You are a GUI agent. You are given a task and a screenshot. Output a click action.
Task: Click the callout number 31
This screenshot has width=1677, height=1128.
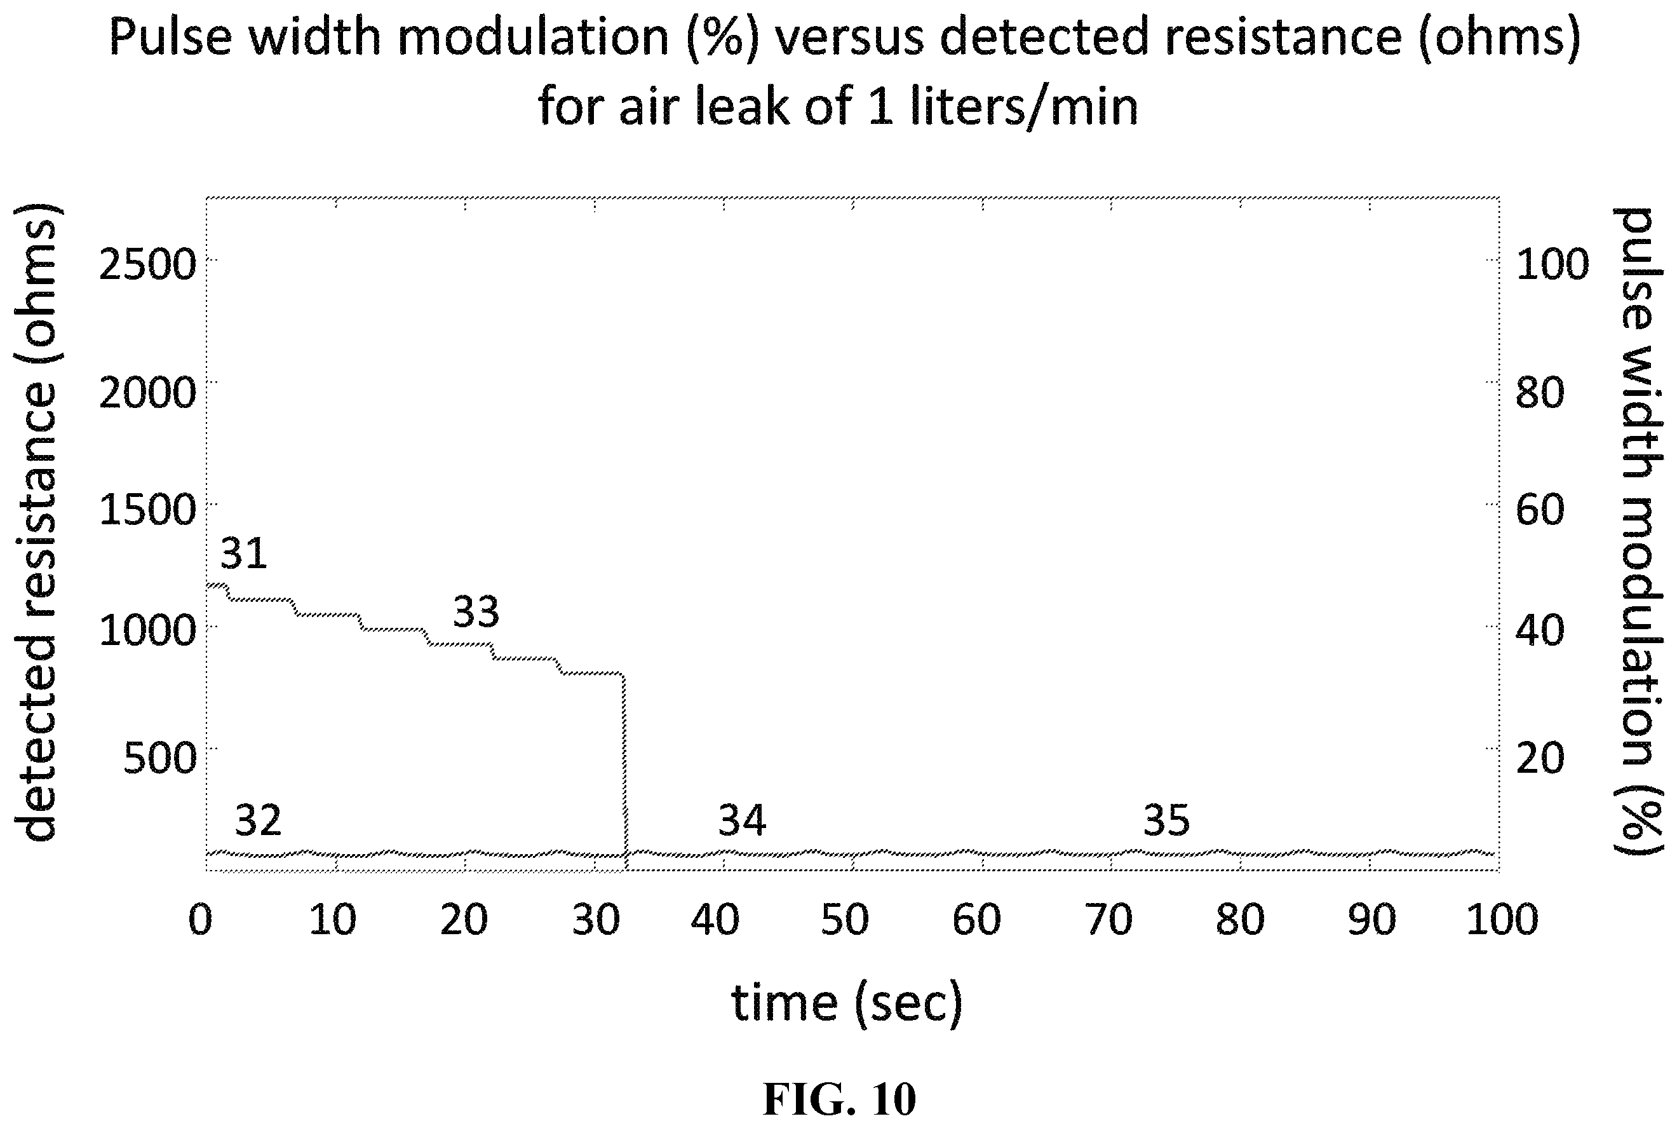click(244, 554)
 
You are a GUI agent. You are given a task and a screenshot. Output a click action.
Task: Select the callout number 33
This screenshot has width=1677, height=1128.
click(475, 612)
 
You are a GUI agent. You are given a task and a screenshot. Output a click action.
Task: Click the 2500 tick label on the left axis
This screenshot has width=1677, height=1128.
click(147, 265)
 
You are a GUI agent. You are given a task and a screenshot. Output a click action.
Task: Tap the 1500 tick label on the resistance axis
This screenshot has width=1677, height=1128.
click(147, 510)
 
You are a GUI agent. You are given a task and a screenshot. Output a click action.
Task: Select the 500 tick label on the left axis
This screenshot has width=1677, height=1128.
click(159, 758)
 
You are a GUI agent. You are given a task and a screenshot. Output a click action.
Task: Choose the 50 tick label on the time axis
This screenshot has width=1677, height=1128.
click(845, 920)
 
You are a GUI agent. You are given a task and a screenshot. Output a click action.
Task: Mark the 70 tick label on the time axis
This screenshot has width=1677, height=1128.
click(1109, 920)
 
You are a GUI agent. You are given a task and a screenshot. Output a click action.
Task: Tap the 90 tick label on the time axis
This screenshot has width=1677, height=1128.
click(1372, 920)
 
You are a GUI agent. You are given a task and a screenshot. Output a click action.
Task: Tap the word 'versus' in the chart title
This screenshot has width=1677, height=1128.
click(850, 37)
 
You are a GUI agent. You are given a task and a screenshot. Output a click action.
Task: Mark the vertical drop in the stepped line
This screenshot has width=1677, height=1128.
click(624, 773)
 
